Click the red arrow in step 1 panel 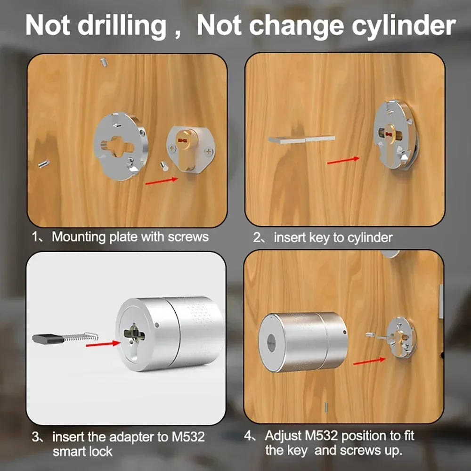tap(162, 181)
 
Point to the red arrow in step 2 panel tap(343, 161)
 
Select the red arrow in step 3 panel tap(103, 344)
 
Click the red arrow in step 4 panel tap(369, 361)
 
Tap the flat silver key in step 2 tap(301, 139)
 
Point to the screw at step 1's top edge tap(104, 62)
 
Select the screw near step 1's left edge tap(44, 164)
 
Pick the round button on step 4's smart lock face tap(271, 343)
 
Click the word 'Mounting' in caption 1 tap(79, 237)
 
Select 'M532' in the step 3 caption tap(188, 437)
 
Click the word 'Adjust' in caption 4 tap(283, 436)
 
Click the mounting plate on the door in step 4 tap(401, 338)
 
